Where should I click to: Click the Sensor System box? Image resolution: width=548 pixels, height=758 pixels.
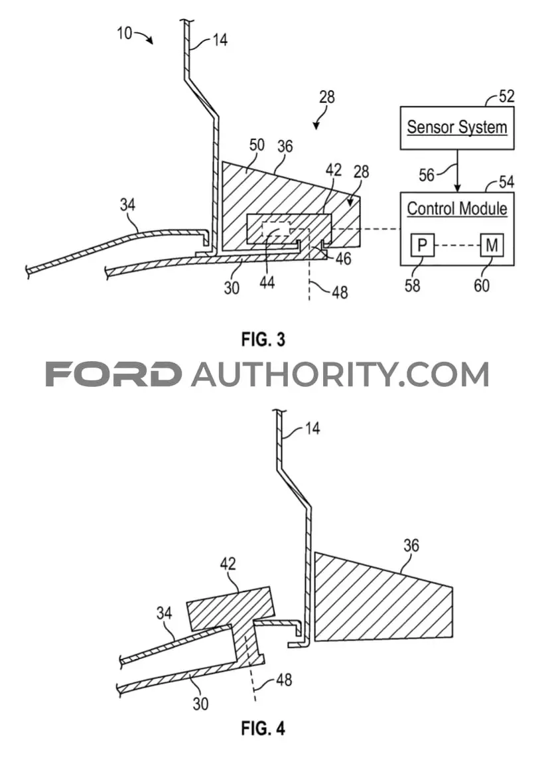[456, 127]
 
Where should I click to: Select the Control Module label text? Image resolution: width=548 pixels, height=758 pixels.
[456, 209]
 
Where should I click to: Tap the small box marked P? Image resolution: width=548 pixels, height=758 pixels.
[422, 245]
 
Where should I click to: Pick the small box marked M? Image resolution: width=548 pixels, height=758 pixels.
[492, 245]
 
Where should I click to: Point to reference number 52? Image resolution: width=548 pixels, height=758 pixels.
[506, 96]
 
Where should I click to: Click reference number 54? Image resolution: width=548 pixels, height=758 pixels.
[506, 183]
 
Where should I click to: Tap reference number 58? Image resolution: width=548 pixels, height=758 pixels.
[412, 285]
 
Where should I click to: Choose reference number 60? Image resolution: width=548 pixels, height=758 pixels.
[481, 285]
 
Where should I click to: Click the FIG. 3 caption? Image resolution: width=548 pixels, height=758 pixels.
[263, 339]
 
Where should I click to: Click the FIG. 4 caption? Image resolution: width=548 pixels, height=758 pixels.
[263, 728]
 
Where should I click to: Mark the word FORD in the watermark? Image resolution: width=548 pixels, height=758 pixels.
[114, 374]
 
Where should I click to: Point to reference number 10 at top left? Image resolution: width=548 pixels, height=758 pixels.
[125, 33]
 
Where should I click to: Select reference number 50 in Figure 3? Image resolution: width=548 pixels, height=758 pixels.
[257, 145]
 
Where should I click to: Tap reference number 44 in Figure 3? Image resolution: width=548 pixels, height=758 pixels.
[267, 282]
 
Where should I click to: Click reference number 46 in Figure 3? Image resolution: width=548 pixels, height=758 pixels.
[343, 259]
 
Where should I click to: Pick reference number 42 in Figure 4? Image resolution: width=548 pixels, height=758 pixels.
[228, 564]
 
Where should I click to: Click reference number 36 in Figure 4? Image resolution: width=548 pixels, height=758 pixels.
[411, 546]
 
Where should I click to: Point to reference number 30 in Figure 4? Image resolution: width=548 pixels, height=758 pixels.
[200, 704]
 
